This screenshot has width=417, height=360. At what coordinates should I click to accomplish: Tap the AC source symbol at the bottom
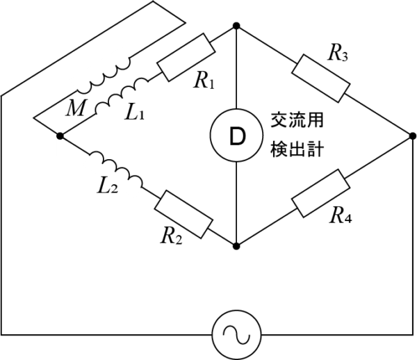click(x=236, y=335)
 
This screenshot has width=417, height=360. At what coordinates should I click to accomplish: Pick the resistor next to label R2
click(x=183, y=214)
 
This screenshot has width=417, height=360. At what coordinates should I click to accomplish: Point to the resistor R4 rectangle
click(x=320, y=195)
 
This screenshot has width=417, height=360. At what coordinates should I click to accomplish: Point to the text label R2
click(x=172, y=236)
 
